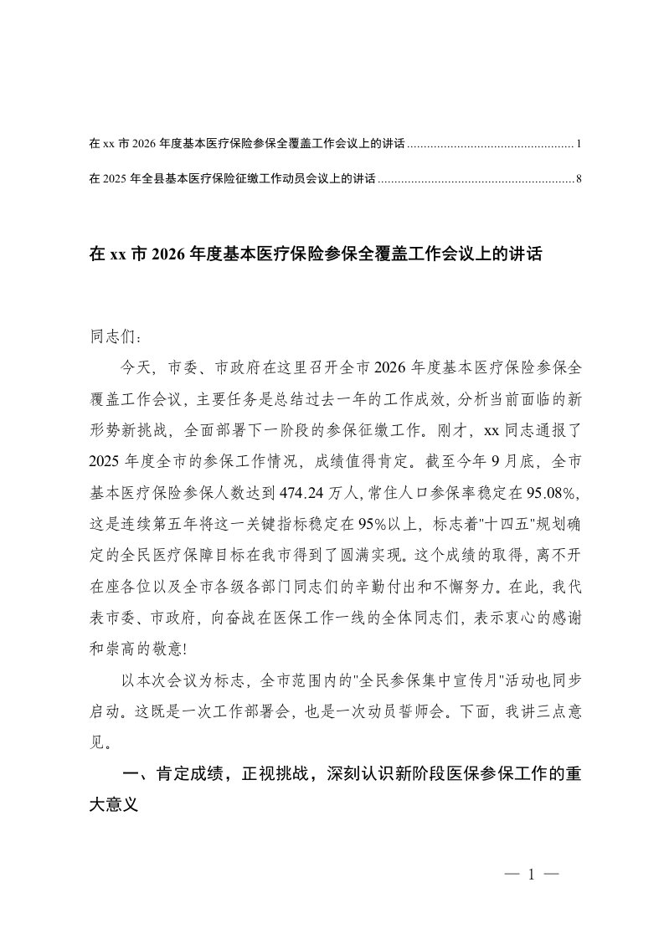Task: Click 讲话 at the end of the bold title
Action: click(x=528, y=255)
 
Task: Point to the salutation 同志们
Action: click(x=111, y=338)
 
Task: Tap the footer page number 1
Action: click(x=532, y=875)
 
